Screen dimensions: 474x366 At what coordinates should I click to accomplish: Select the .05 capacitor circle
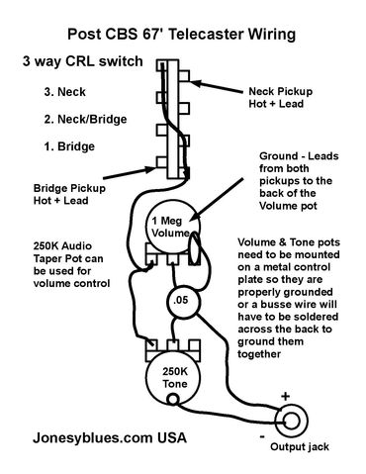[x=180, y=301]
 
